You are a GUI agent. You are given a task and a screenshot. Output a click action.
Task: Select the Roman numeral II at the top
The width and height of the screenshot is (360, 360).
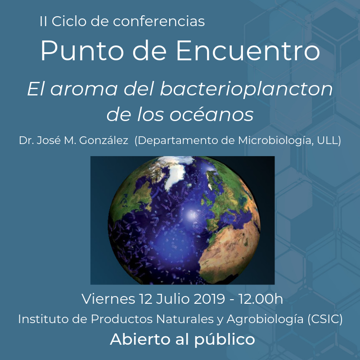tap(44, 21)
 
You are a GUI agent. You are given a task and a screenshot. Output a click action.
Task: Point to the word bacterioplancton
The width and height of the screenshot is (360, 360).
tap(246, 89)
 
